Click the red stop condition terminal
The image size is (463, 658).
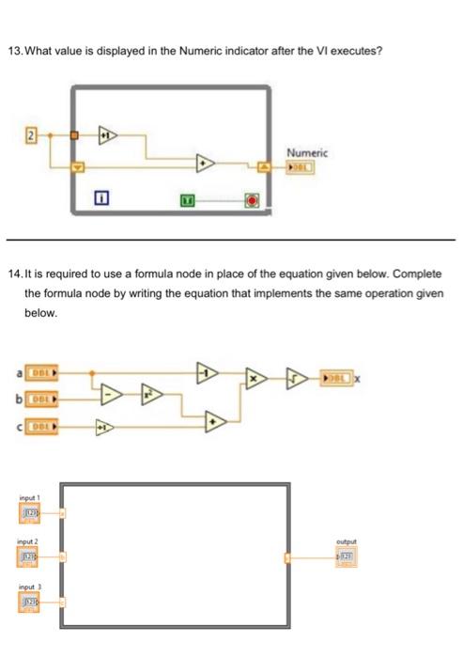pos(252,198)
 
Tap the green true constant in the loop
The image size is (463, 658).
pos(188,198)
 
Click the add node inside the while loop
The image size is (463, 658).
pos(204,164)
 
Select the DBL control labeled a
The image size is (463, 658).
pos(41,374)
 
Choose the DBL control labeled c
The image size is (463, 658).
pos(41,428)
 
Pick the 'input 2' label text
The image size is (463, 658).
pos(28,541)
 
